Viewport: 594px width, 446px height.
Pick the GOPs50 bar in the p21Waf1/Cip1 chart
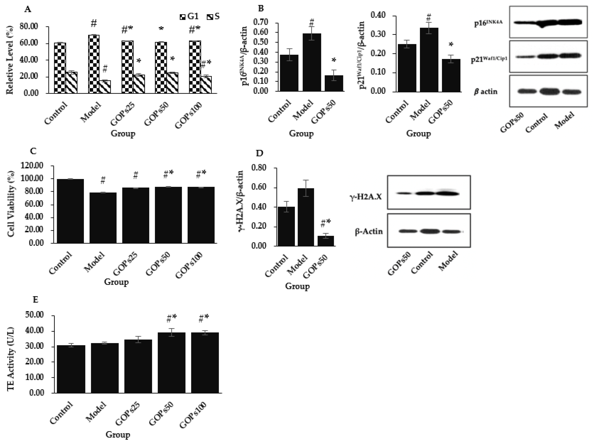pos(451,75)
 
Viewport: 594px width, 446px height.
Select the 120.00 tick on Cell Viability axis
pos(32,166)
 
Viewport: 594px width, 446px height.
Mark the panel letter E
pos(35,299)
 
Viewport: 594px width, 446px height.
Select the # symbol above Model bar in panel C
pos(103,180)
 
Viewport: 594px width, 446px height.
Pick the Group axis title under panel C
pos(116,282)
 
